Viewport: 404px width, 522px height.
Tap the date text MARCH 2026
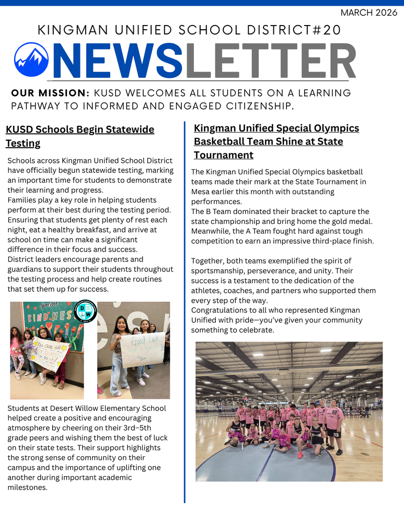tap(369, 13)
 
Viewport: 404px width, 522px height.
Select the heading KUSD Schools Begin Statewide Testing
tap(80, 136)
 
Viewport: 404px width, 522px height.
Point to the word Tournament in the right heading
tap(223, 155)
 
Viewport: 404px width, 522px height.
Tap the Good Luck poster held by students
tap(142, 348)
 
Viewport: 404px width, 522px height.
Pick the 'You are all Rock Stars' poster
tap(50, 353)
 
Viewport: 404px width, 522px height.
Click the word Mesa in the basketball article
tap(202, 191)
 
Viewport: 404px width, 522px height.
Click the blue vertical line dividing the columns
tap(184, 313)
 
